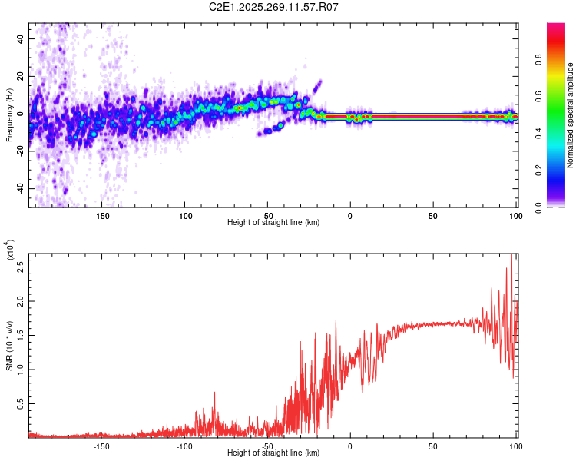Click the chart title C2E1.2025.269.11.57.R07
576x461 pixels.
tap(274, 7)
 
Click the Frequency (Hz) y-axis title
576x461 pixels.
tap(10, 114)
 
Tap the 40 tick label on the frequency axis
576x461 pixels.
tap(22, 39)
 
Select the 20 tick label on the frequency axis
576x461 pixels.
tap(22, 77)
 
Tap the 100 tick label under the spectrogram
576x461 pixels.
tap(515, 215)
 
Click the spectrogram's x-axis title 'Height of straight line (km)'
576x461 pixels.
tap(274, 223)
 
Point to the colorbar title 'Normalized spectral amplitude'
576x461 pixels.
tap(571, 115)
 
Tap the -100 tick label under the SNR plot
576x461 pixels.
tap(184, 446)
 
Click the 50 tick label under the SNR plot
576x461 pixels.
tap(432, 446)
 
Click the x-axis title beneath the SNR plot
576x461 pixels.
tap(274, 455)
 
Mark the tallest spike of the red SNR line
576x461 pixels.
tap(511, 256)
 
